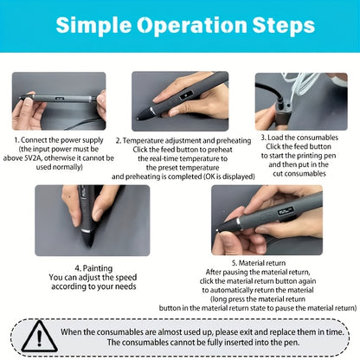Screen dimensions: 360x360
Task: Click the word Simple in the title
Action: pos(93,26)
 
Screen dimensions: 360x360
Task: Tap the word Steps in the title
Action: pos(284,25)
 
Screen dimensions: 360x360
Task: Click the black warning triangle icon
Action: pos(39,336)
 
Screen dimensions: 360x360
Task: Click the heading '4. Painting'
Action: pos(93,268)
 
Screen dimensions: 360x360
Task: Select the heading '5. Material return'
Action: pos(259,263)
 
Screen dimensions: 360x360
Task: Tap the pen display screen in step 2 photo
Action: pos(187,95)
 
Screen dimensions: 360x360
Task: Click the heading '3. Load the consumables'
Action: pos(299,138)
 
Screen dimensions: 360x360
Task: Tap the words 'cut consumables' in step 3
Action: pos(299,173)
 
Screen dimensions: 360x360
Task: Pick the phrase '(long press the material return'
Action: pos(258,299)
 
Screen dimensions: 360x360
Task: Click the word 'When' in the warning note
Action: pos(71,332)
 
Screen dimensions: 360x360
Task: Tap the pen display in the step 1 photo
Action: pos(60,99)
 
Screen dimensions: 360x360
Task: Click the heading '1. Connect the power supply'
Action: pos(59,140)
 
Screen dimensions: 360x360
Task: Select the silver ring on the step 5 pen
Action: pos(239,222)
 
